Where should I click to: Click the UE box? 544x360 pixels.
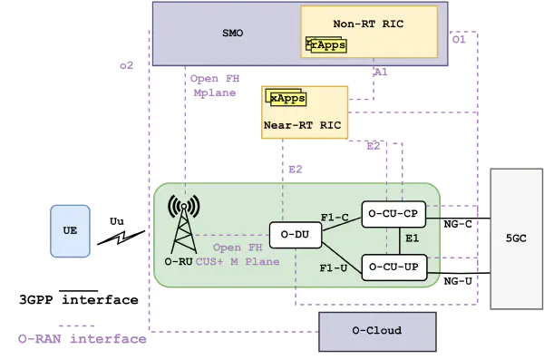click(x=70, y=231)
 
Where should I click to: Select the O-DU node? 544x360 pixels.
click(x=296, y=235)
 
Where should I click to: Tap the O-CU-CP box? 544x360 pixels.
click(x=393, y=214)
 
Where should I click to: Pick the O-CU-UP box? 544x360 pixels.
click(x=394, y=268)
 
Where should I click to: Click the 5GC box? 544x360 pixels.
click(x=516, y=238)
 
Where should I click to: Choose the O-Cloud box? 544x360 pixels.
click(x=377, y=332)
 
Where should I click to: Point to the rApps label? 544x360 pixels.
click(x=328, y=45)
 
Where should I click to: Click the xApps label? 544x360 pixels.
click(x=288, y=99)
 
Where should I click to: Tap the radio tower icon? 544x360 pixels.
click(x=183, y=224)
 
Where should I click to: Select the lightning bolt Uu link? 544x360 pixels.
click(x=121, y=238)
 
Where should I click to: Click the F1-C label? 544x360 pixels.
click(x=335, y=218)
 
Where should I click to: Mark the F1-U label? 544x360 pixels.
click(x=334, y=268)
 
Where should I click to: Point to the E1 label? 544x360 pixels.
click(x=413, y=238)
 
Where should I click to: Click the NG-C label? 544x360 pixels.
click(x=458, y=224)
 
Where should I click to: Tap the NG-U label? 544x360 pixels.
click(x=458, y=281)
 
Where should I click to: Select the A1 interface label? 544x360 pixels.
click(x=381, y=73)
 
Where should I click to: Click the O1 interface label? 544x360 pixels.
click(x=459, y=40)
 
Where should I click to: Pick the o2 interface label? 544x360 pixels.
click(x=126, y=65)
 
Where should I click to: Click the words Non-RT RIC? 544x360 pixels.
click(x=368, y=24)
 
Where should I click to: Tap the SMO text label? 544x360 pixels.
click(x=232, y=33)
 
